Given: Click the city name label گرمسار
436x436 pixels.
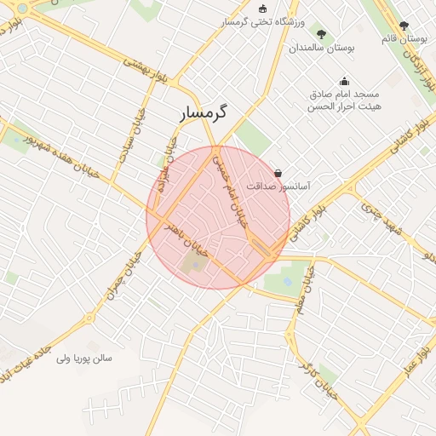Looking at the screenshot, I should click(x=205, y=112).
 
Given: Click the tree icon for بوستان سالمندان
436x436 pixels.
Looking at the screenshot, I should click(x=321, y=35).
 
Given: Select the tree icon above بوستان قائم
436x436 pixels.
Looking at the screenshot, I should click(x=404, y=26).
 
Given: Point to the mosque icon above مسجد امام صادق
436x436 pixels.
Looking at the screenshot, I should click(x=344, y=82).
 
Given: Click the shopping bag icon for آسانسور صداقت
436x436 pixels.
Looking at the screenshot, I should click(x=278, y=172).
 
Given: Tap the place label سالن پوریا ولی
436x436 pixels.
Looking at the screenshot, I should click(x=83, y=359).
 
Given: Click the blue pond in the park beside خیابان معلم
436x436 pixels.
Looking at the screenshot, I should click(x=287, y=280).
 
